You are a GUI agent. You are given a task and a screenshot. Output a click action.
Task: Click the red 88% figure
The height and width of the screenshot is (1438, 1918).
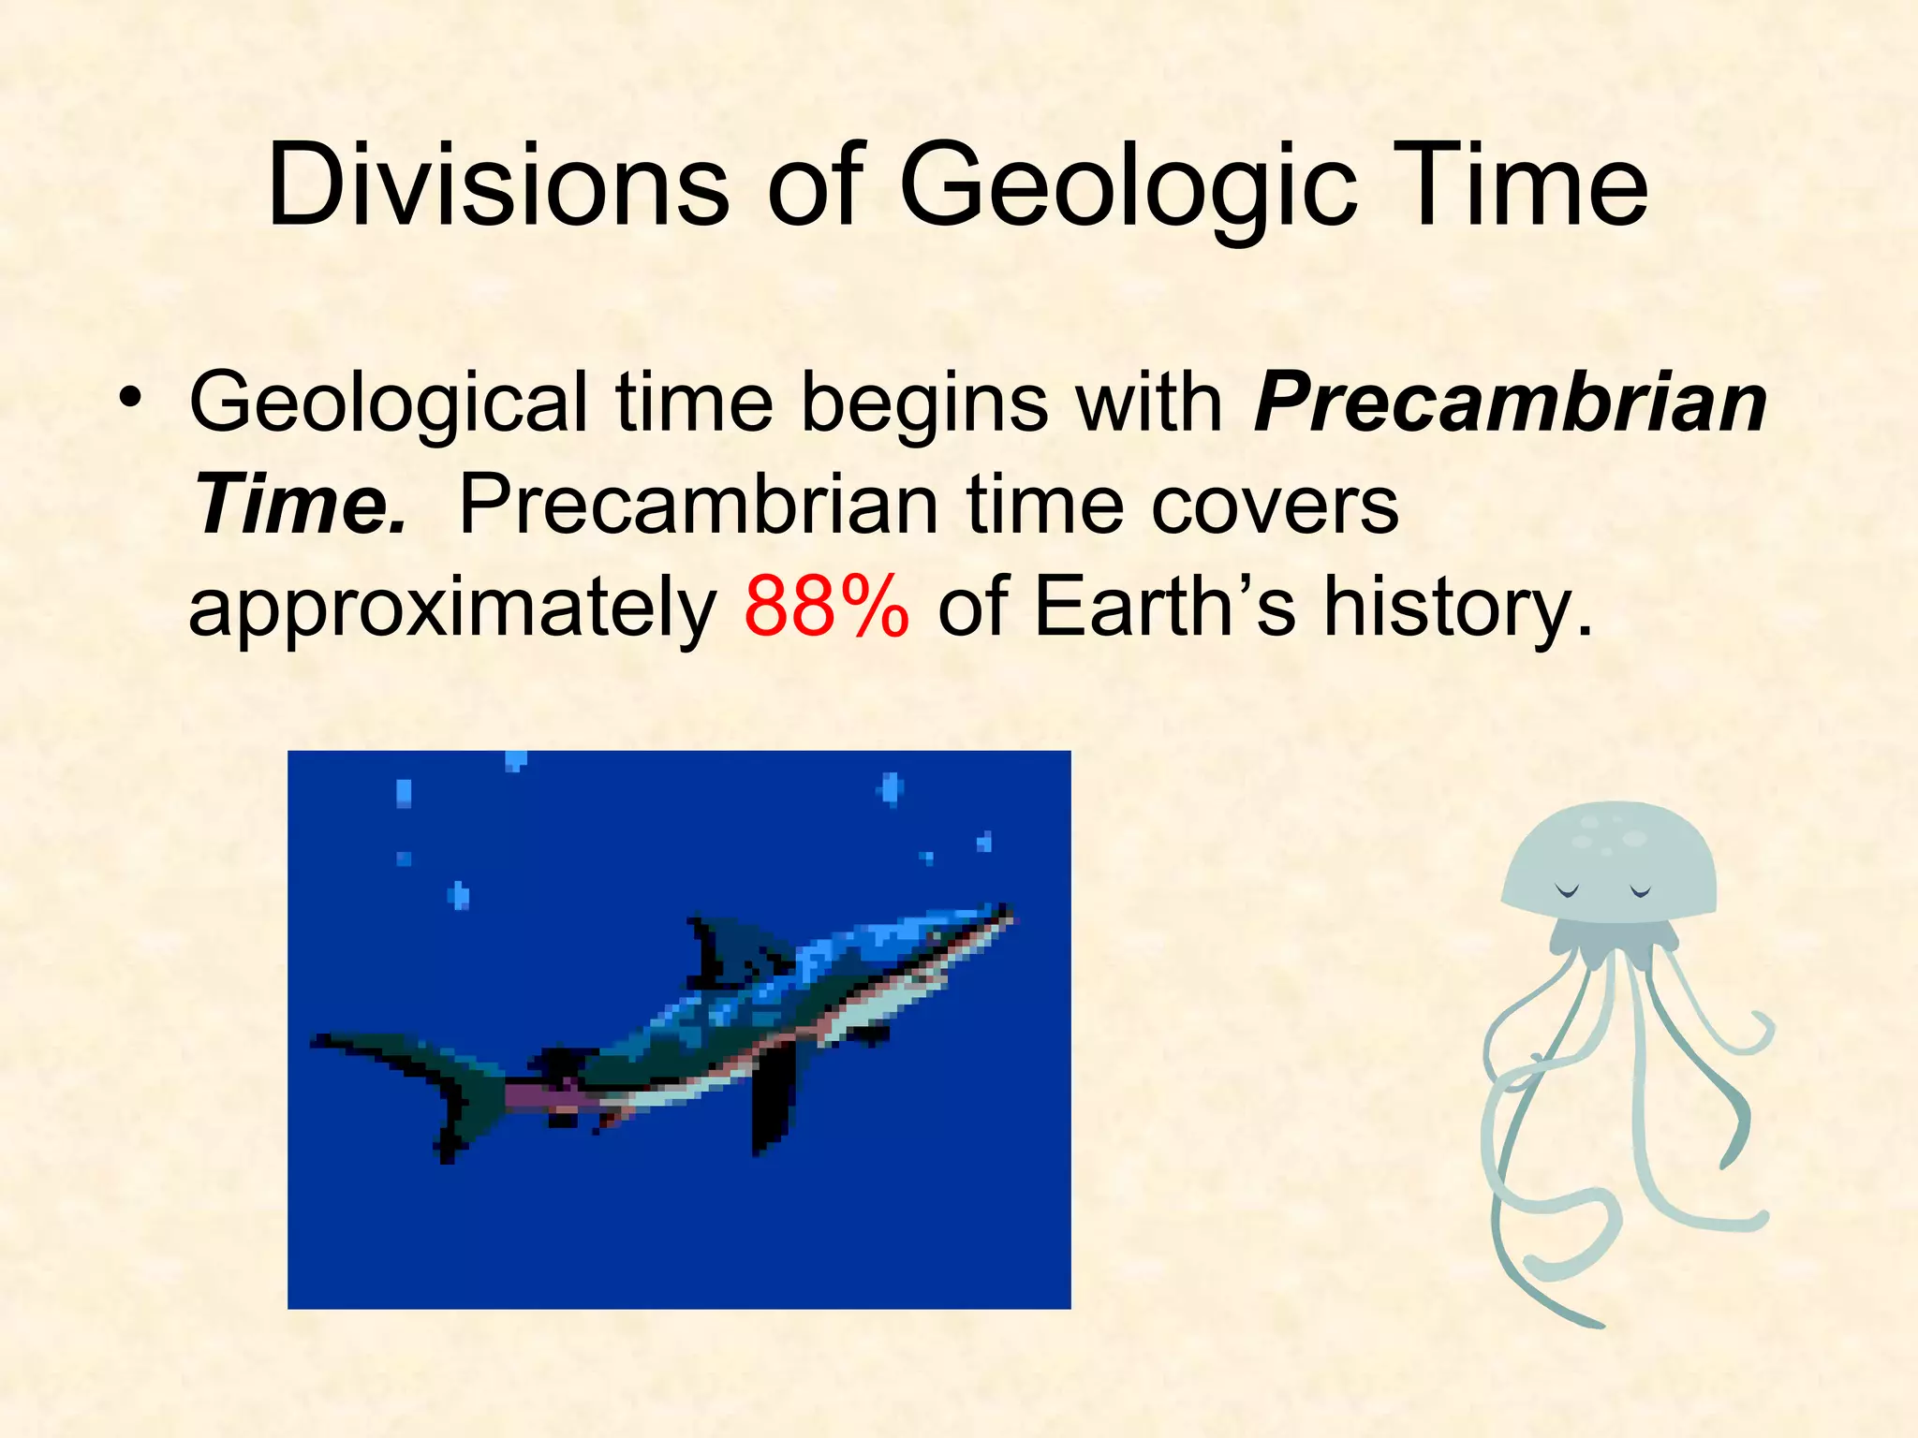[x=826, y=606]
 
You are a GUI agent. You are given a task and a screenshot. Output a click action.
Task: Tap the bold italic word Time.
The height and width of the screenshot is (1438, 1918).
[x=300, y=506]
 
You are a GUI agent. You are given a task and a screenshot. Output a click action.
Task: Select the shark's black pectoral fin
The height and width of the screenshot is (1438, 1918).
[x=773, y=1095]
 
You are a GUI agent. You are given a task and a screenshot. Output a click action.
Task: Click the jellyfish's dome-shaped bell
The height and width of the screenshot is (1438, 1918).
[x=1609, y=857]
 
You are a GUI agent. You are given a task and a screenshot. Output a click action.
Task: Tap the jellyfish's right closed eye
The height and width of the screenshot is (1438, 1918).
[x=1641, y=891]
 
